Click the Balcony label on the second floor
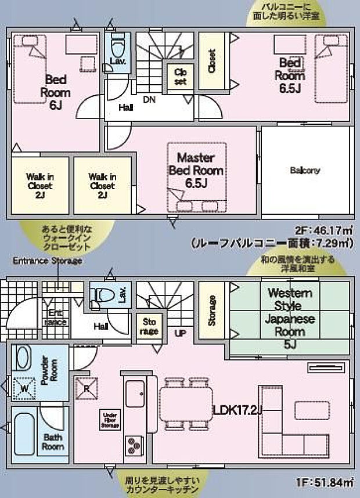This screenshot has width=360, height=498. click(x=305, y=171)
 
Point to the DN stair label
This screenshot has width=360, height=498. click(x=149, y=100)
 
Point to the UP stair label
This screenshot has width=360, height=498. click(x=180, y=334)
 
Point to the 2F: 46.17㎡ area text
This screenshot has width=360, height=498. click(x=323, y=230)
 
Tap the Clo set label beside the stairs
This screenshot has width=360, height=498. click(x=180, y=77)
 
